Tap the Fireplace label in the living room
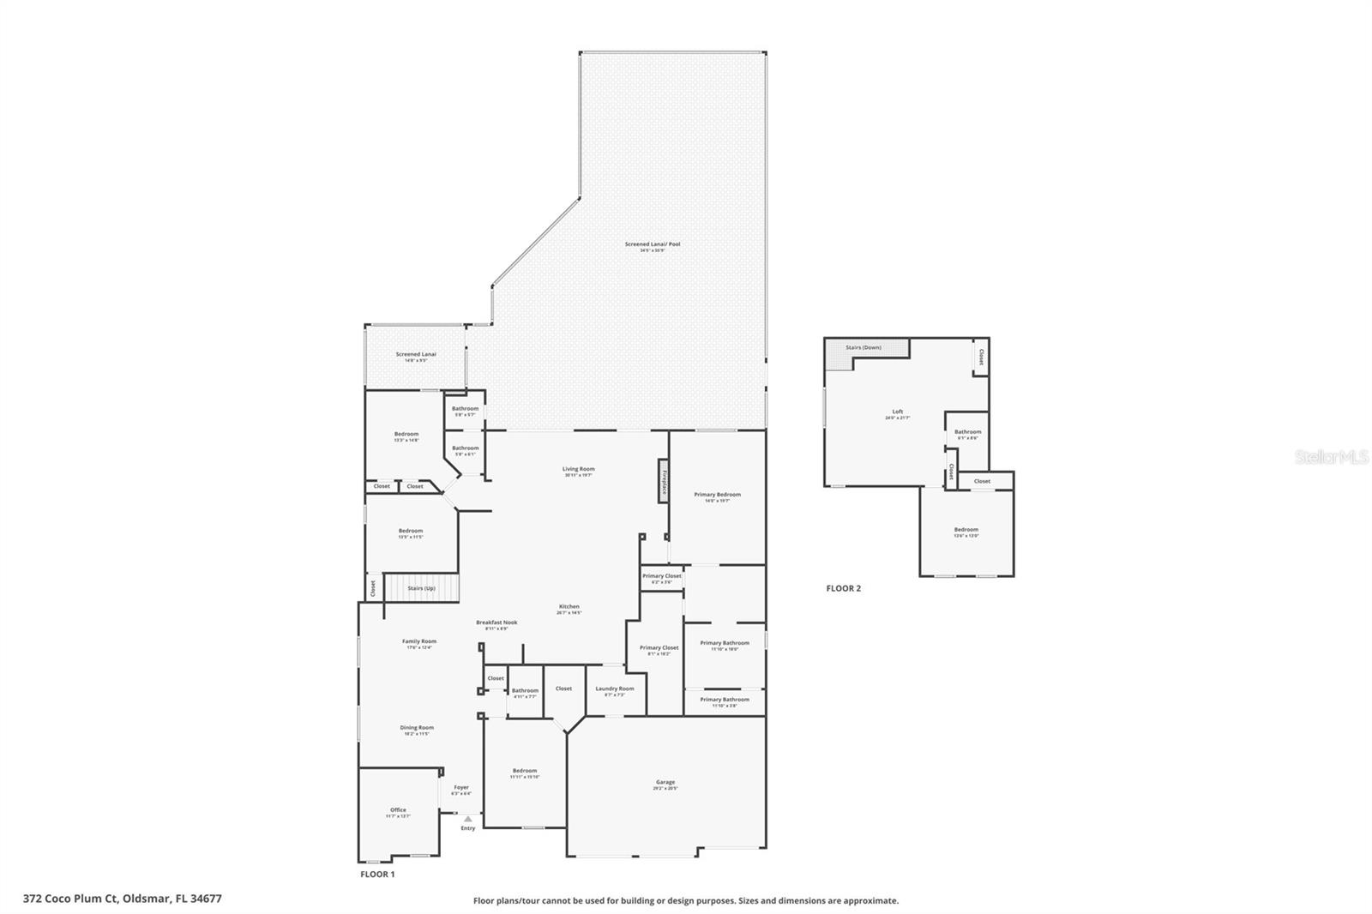(664, 480)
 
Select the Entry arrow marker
(467, 819)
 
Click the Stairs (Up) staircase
(421, 588)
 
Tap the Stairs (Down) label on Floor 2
(864, 347)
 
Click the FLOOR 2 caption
(843, 588)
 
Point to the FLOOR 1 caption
(377, 875)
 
